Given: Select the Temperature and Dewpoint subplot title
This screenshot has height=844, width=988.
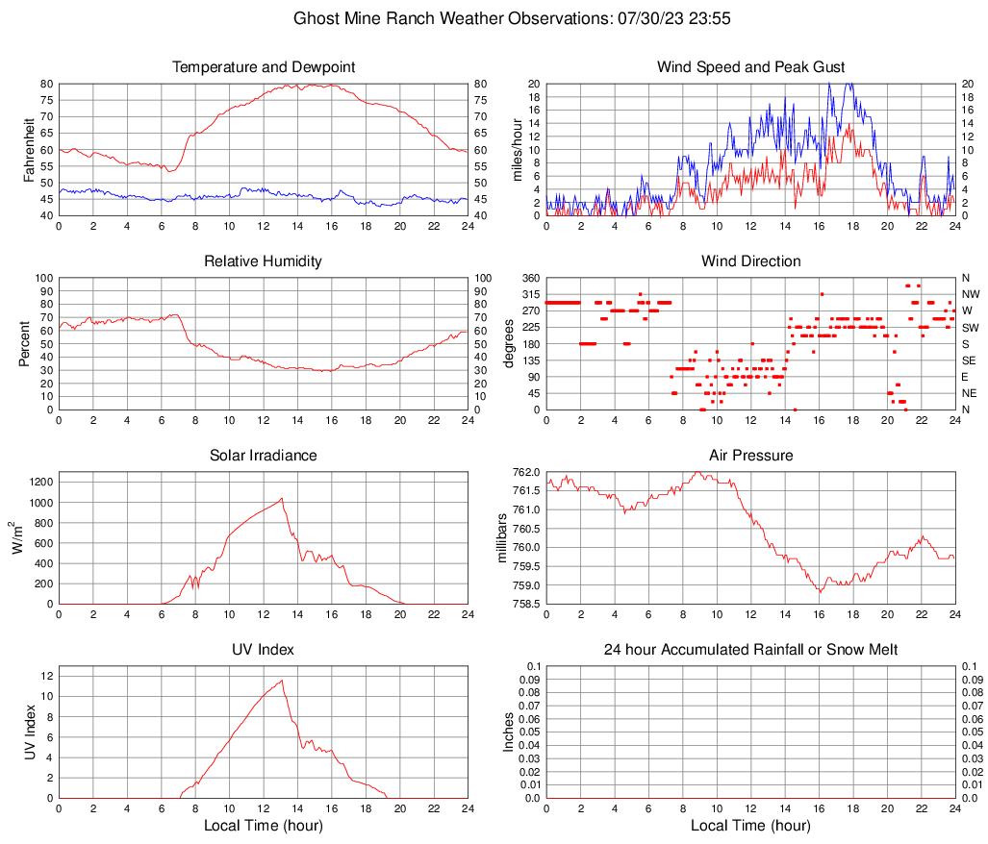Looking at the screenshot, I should [x=264, y=67].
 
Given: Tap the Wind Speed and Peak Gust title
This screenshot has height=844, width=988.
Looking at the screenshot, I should [x=750, y=67].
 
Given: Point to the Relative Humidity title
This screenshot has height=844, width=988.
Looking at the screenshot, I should [x=264, y=261].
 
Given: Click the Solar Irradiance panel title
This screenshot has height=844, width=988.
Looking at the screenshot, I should [x=264, y=455].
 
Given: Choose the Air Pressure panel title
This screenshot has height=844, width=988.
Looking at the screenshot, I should [x=750, y=455].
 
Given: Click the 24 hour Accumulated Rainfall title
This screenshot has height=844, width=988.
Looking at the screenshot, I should [x=750, y=650].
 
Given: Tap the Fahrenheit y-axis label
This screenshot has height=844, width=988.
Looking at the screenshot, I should [x=28, y=150].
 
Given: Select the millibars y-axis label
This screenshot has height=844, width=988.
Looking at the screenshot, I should [x=501, y=537].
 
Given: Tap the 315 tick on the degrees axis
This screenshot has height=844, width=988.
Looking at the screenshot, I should [x=528, y=294].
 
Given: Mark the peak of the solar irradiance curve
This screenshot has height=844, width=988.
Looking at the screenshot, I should [x=281, y=498].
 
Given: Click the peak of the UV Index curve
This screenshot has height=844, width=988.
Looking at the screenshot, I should [x=282, y=681].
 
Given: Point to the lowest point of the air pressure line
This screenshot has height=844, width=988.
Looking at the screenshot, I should [x=821, y=591].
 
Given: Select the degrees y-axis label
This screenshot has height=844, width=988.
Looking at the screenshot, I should [x=509, y=343].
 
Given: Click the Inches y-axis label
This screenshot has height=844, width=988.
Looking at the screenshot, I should [x=509, y=732].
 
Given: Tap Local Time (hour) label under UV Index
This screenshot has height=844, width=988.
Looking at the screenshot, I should [x=264, y=825].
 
